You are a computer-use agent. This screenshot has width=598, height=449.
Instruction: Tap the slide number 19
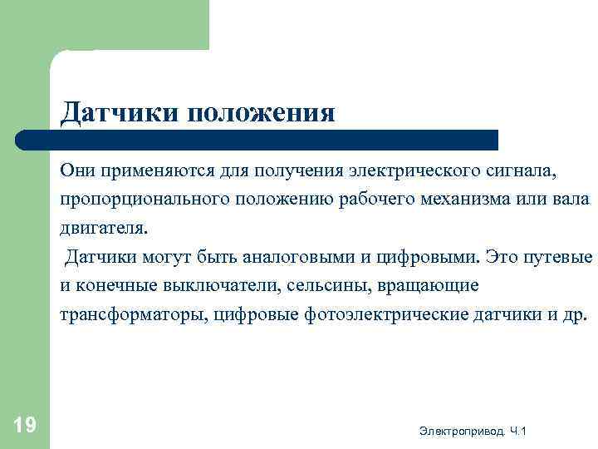pos(25,427)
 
